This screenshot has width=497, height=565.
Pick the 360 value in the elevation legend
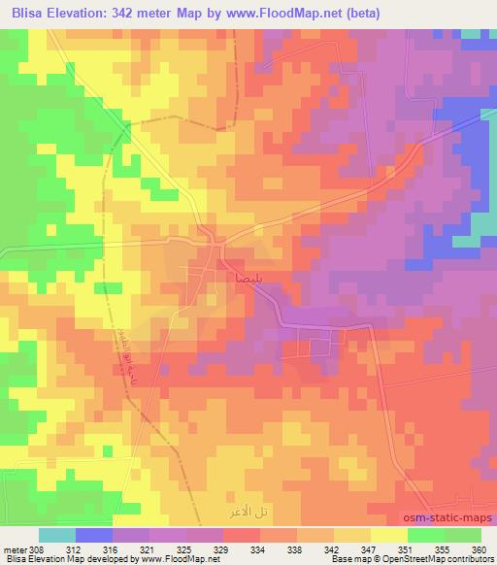point(477,548)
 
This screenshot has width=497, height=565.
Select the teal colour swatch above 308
point(56,535)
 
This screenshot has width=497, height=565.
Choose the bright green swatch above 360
point(462,535)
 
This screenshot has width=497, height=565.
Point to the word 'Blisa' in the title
point(23,13)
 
